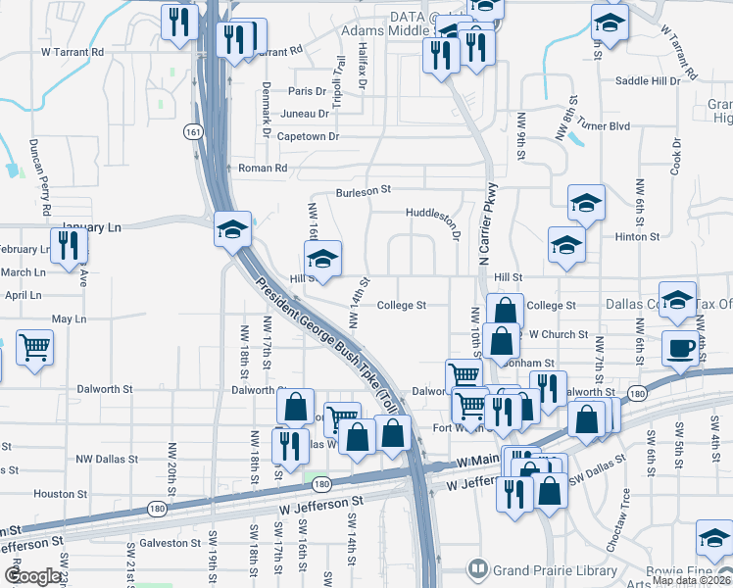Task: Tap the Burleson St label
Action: [x=364, y=190]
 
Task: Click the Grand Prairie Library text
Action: [x=555, y=569]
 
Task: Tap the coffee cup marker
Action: [x=681, y=348]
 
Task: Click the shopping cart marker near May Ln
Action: [x=34, y=347]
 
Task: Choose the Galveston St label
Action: [x=170, y=542]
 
